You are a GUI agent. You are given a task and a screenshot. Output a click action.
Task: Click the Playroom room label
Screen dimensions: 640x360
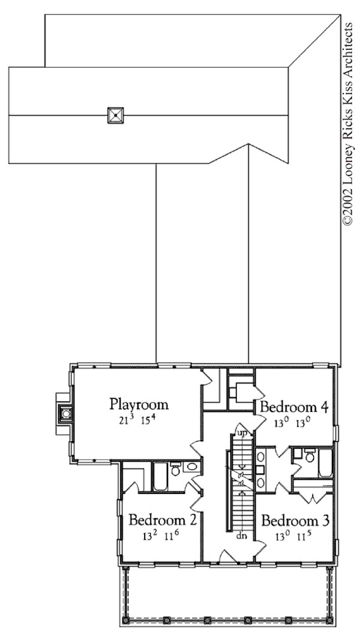139,403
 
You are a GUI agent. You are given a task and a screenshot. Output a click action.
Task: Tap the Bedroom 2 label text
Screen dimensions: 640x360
163,519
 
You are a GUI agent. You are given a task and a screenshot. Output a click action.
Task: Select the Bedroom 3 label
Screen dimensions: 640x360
295,520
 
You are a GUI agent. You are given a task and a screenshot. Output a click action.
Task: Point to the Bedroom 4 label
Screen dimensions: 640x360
294,408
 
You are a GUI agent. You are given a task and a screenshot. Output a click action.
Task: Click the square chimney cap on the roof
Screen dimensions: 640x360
115,114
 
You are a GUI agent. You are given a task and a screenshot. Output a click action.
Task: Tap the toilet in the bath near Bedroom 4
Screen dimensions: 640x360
310,456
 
